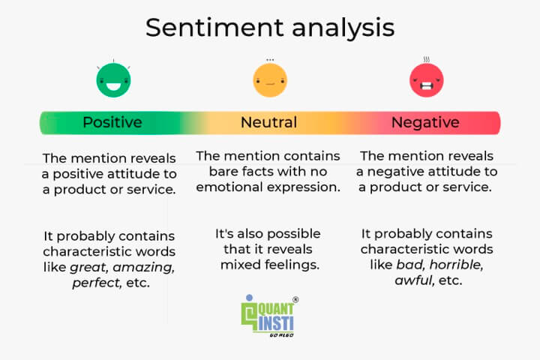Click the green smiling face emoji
[x=113, y=80]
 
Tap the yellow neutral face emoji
[x=270, y=80]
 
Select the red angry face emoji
[x=426, y=79]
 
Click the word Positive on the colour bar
[x=112, y=122]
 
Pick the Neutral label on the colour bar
[x=269, y=122]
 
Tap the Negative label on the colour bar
[x=425, y=122]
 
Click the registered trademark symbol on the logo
[x=295, y=300]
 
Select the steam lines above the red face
[x=426, y=58]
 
